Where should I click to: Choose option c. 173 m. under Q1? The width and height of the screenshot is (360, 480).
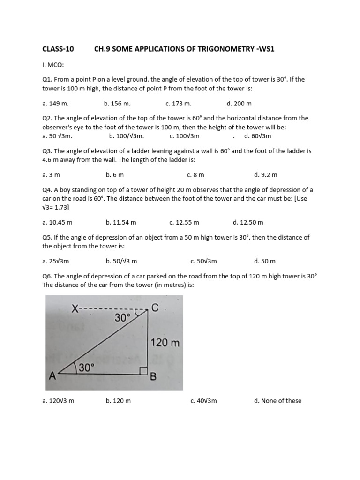pyautogui.click(x=179, y=103)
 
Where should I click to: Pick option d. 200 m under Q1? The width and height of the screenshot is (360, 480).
pyautogui.click(x=239, y=103)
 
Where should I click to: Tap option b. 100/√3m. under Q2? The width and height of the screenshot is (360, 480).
pyautogui.click(x=126, y=136)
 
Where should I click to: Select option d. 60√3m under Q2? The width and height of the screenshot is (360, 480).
pyautogui.click(x=257, y=136)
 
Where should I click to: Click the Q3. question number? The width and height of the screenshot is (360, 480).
pyautogui.click(x=47, y=151)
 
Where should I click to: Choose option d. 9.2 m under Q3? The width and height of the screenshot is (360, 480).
pyautogui.click(x=266, y=175)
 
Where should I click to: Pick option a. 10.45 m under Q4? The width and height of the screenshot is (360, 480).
pyautogui.click(x=57, y=222)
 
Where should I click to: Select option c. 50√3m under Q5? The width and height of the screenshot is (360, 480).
pyautogui.click(x=203, y=261)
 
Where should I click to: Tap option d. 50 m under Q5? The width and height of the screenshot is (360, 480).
pyautogui.click(x=265, y=261)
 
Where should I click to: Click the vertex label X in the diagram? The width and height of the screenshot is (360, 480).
pyautogui.click(x=75, y=308)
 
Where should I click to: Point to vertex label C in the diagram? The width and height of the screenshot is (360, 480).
pyautogui.click(x=155, y=307)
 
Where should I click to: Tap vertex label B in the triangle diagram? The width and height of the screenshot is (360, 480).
pyautogui.click(x=153, y=376)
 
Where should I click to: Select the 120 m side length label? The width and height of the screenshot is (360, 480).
pyautogui.click(x=165, y=343)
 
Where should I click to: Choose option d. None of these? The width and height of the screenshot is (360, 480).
pyautogui.click(x=277, y=401)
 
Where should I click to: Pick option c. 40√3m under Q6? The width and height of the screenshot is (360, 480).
pyautogui.click(x=203, y=401)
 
